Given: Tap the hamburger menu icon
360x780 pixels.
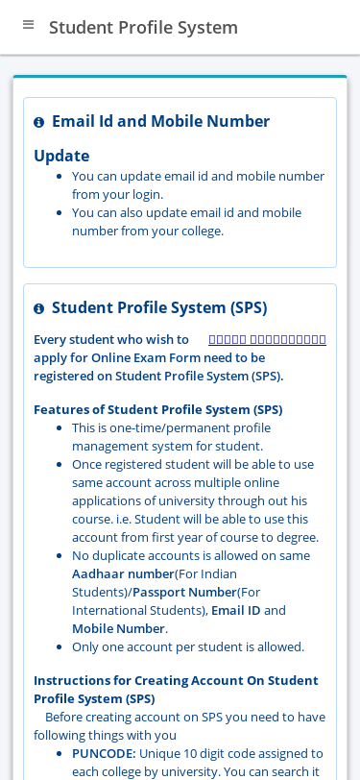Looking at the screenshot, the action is (x=28, y=25).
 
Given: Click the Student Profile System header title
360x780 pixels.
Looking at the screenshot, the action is (x=143, y=27).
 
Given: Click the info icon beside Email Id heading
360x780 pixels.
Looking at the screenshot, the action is (x=39, y=123).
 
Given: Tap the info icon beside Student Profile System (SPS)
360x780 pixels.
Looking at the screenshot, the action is (x=39, y=309).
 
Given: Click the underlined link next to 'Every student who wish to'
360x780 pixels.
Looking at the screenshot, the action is (x=267, y=339).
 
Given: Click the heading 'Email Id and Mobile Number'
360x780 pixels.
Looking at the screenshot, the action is (x=160, y=121).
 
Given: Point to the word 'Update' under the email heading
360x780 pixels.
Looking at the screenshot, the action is (x=61, y=156).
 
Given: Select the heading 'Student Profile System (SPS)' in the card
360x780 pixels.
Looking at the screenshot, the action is (x=159, y=307).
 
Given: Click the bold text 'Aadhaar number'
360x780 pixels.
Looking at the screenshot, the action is (x=123, y=573).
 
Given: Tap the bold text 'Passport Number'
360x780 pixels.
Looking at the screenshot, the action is (x=184, y=592).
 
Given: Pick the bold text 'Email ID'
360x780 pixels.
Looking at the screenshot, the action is (x=235, y=610).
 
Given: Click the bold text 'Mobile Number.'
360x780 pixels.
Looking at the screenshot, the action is (x=119, y=628).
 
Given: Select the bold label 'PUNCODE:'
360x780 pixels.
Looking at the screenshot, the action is (x=104, y=753).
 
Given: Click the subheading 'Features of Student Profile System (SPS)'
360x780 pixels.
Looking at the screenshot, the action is (x=157, y=409).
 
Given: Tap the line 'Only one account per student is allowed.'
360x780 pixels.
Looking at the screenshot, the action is (x=187, y=646).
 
